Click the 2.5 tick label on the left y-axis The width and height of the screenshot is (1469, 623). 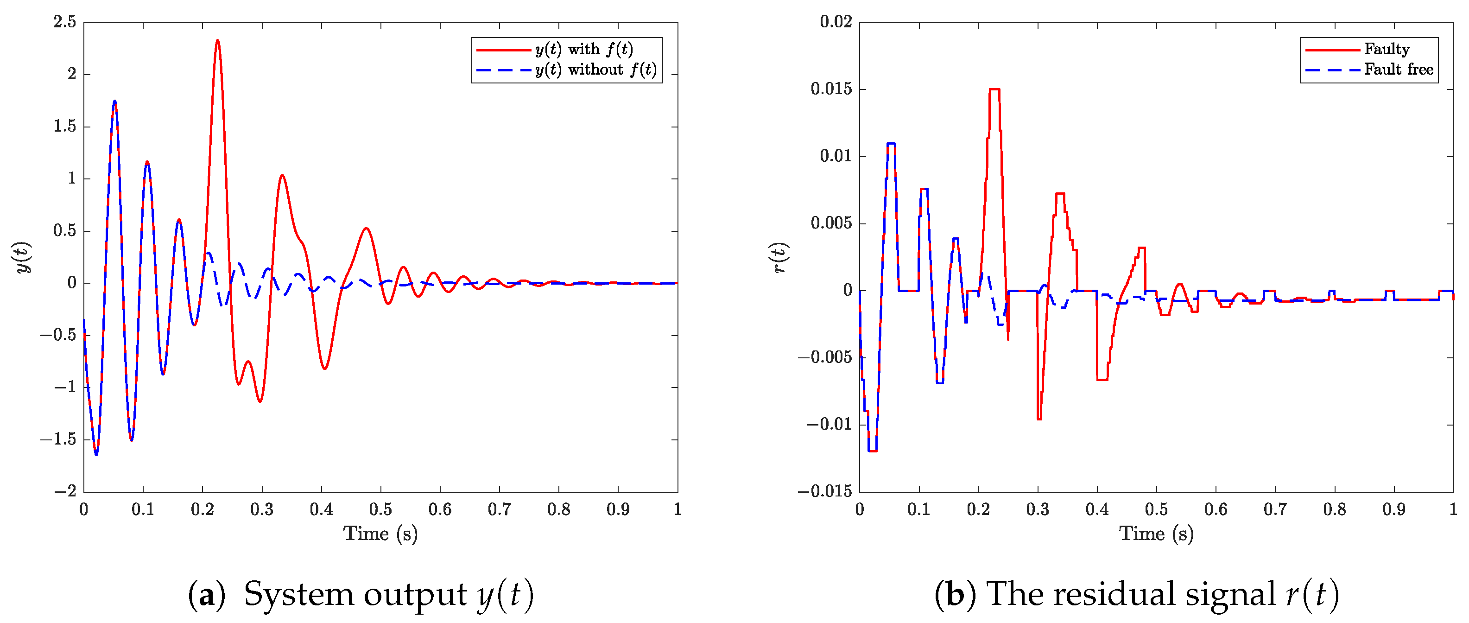[x=64, y=22]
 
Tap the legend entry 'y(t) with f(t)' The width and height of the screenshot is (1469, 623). [x=583, y=50]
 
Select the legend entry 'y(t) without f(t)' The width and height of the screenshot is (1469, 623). [x=595, y=70]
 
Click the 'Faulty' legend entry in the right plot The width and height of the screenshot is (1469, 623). [x=1386, y=50]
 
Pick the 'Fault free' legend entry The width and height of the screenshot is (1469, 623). [x=1398, y=70]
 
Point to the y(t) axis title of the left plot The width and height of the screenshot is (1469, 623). [x=23, y=258]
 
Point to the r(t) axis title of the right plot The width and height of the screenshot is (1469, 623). [x=779, y=258]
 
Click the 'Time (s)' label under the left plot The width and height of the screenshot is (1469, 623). [x=380, y=534]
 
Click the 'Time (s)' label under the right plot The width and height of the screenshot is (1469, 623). [x=1156, y=534]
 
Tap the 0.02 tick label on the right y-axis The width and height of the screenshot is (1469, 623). [x=836, y=22]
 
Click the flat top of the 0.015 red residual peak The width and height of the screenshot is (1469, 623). [x=994, y=89]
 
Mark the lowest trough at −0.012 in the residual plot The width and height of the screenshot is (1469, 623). [x=873, y=451]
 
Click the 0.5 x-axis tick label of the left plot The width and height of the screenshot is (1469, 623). [x=380, y=509]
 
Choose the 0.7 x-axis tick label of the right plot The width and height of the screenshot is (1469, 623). [x=1275, y=509]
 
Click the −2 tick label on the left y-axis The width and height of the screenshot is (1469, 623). [x=66, y=491]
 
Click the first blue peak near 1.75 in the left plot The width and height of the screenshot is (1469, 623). [x=114, y=102]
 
